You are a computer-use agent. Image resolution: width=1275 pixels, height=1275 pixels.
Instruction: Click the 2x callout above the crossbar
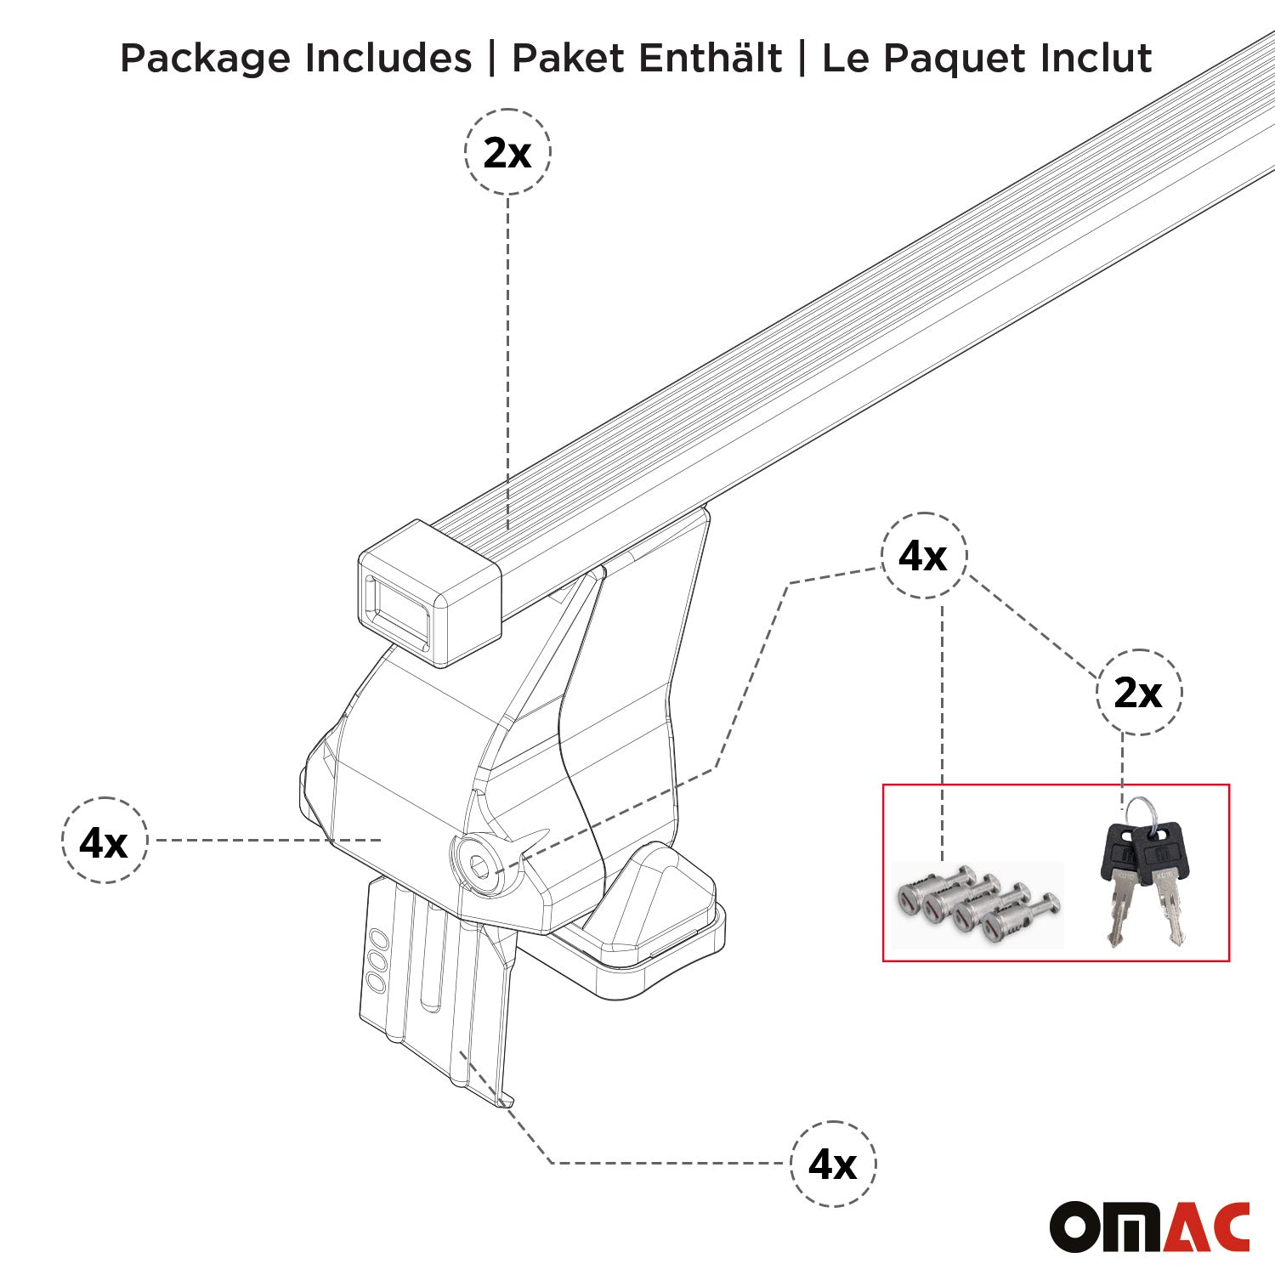507,153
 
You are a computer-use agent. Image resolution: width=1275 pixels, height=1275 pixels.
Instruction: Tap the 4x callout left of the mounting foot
104,841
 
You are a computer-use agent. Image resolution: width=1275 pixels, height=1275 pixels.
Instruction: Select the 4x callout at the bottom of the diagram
832,1164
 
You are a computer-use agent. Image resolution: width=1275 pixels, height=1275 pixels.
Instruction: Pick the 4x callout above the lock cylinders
923,556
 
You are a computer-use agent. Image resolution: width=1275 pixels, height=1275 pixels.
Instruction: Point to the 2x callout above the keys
1138,693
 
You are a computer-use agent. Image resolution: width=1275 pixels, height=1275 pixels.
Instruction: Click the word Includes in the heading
388,59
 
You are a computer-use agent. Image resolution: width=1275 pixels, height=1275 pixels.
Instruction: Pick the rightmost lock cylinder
1003,926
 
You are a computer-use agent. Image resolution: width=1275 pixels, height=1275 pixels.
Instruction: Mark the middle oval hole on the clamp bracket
376,961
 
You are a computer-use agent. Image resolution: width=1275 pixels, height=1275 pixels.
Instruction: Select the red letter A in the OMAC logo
1185,1227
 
